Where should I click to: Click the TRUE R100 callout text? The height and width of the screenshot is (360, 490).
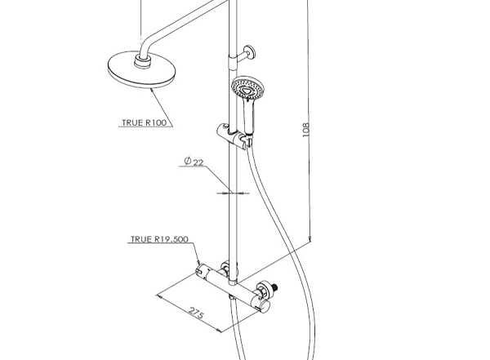coord(144,122)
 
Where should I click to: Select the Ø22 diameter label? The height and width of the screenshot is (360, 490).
coord(194,162)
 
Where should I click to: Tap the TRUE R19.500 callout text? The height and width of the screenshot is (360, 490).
coord(159,239)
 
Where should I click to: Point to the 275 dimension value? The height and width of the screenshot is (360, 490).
coord(196,313)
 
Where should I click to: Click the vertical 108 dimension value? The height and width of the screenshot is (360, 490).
coord(306,129)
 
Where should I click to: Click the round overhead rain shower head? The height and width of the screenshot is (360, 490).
coord(141,70)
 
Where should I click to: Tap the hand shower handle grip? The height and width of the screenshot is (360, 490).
coord(249,116)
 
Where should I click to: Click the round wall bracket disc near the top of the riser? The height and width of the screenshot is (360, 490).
coord(251,52)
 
